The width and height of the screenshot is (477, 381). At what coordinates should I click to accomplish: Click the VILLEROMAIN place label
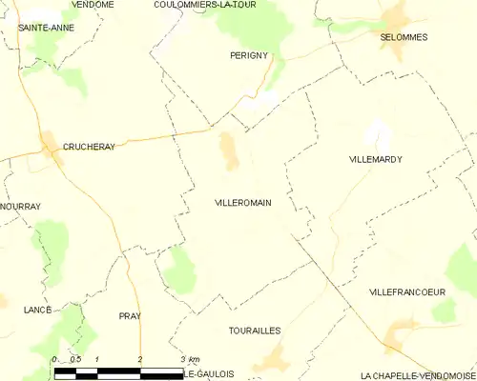click(245, 203)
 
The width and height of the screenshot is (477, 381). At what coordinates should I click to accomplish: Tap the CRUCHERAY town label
click(89, 147)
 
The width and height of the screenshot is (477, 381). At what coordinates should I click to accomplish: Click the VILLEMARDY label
click(375, 160)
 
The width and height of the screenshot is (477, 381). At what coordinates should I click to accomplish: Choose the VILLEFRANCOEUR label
click(413, 291)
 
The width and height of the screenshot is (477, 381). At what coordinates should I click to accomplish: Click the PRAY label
click(130, 315)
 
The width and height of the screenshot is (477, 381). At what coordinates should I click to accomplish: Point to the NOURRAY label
click(19, 205)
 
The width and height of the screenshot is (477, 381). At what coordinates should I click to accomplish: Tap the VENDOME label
click(93, 5)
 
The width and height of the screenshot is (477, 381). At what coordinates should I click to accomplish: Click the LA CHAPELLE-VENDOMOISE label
click(417, 375)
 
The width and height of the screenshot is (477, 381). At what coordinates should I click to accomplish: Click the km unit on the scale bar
click(195, 358)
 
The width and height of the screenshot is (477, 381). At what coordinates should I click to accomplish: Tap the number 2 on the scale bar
click(140, 358)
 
